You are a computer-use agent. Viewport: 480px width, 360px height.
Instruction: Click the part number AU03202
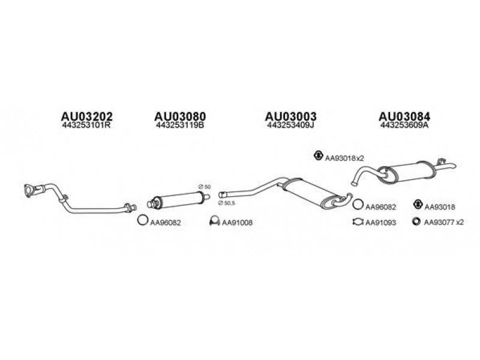[88, 116]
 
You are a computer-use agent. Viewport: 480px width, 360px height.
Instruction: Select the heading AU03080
[180, 116]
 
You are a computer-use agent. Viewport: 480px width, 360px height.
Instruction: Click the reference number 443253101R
[88, 126]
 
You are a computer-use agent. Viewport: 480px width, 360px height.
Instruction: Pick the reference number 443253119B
[180, 126]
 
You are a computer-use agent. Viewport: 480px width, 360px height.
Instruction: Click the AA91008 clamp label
[237, 223]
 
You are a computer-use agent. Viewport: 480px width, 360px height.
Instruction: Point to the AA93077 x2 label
[444, 223]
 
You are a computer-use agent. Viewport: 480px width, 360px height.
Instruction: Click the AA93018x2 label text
[345, 158]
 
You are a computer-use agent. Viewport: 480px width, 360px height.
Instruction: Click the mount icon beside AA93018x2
[317, 157]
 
